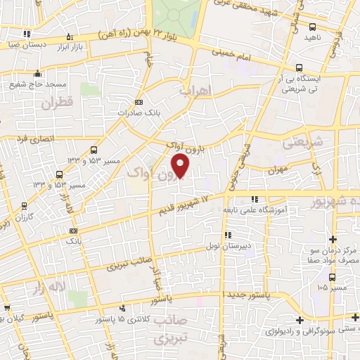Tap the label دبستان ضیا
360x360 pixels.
click(26, 44)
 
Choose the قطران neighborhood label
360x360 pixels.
click(57, 104)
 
